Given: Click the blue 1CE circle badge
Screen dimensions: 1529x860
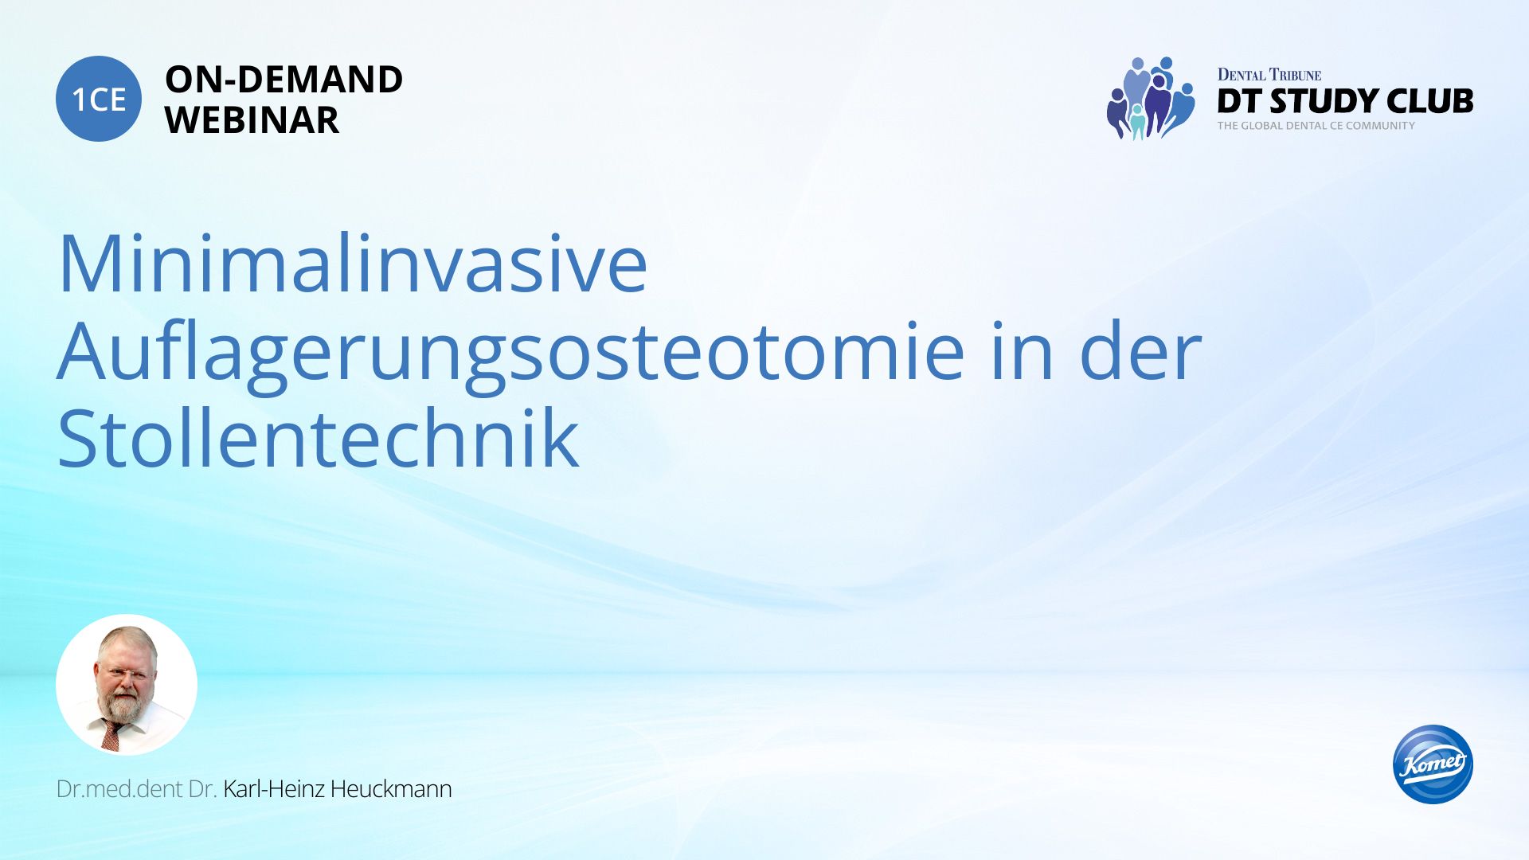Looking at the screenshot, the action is pyautogui.click(x=99, y=99).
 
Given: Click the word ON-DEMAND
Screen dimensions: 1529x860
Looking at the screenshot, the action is pyautogui.click(x=284, y=80).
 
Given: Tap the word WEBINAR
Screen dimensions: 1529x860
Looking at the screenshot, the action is pyautogui.click(x=252, y=120).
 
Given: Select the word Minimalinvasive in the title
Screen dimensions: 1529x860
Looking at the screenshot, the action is pyautogui.click(x=353, y=264).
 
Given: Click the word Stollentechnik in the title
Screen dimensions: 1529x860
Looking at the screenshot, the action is pyautogui.click(x=319, y=437).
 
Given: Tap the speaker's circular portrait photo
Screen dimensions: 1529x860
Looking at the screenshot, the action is pyautogui.click(x=127, y=685).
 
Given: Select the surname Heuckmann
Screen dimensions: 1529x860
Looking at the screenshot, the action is pyautogui.click(x=391, y=789).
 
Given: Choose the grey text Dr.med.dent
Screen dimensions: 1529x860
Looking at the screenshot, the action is pyautogui.click(x=119, y=789).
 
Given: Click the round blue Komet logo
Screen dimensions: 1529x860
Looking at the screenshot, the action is pyautogui.click(x=1433, y=764).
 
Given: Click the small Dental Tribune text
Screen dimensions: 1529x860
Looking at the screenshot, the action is pyautogui.click(x=1269, y=75).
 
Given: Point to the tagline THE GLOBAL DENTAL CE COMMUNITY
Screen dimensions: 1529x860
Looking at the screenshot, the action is pyautogui.click(x=1316, y=126).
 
